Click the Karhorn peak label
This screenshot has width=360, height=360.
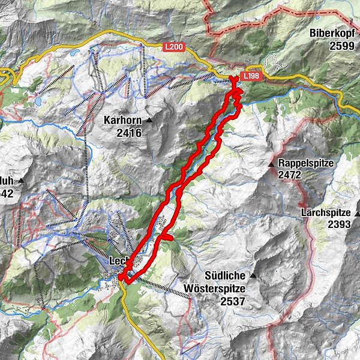122,120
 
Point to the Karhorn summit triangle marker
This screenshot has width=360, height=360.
149,121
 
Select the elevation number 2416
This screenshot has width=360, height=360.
130,133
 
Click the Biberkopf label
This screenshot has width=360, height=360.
335,34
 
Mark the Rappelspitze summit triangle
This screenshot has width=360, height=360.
271,163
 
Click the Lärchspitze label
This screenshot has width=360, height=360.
328,212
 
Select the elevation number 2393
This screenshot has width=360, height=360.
341,224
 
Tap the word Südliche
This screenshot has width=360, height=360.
226,276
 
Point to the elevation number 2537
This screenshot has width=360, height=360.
232,301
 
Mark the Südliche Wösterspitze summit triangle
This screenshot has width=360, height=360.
253,276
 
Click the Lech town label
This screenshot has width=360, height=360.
119,261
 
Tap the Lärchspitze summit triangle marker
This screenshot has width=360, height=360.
358,213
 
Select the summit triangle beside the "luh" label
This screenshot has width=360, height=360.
22,180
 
